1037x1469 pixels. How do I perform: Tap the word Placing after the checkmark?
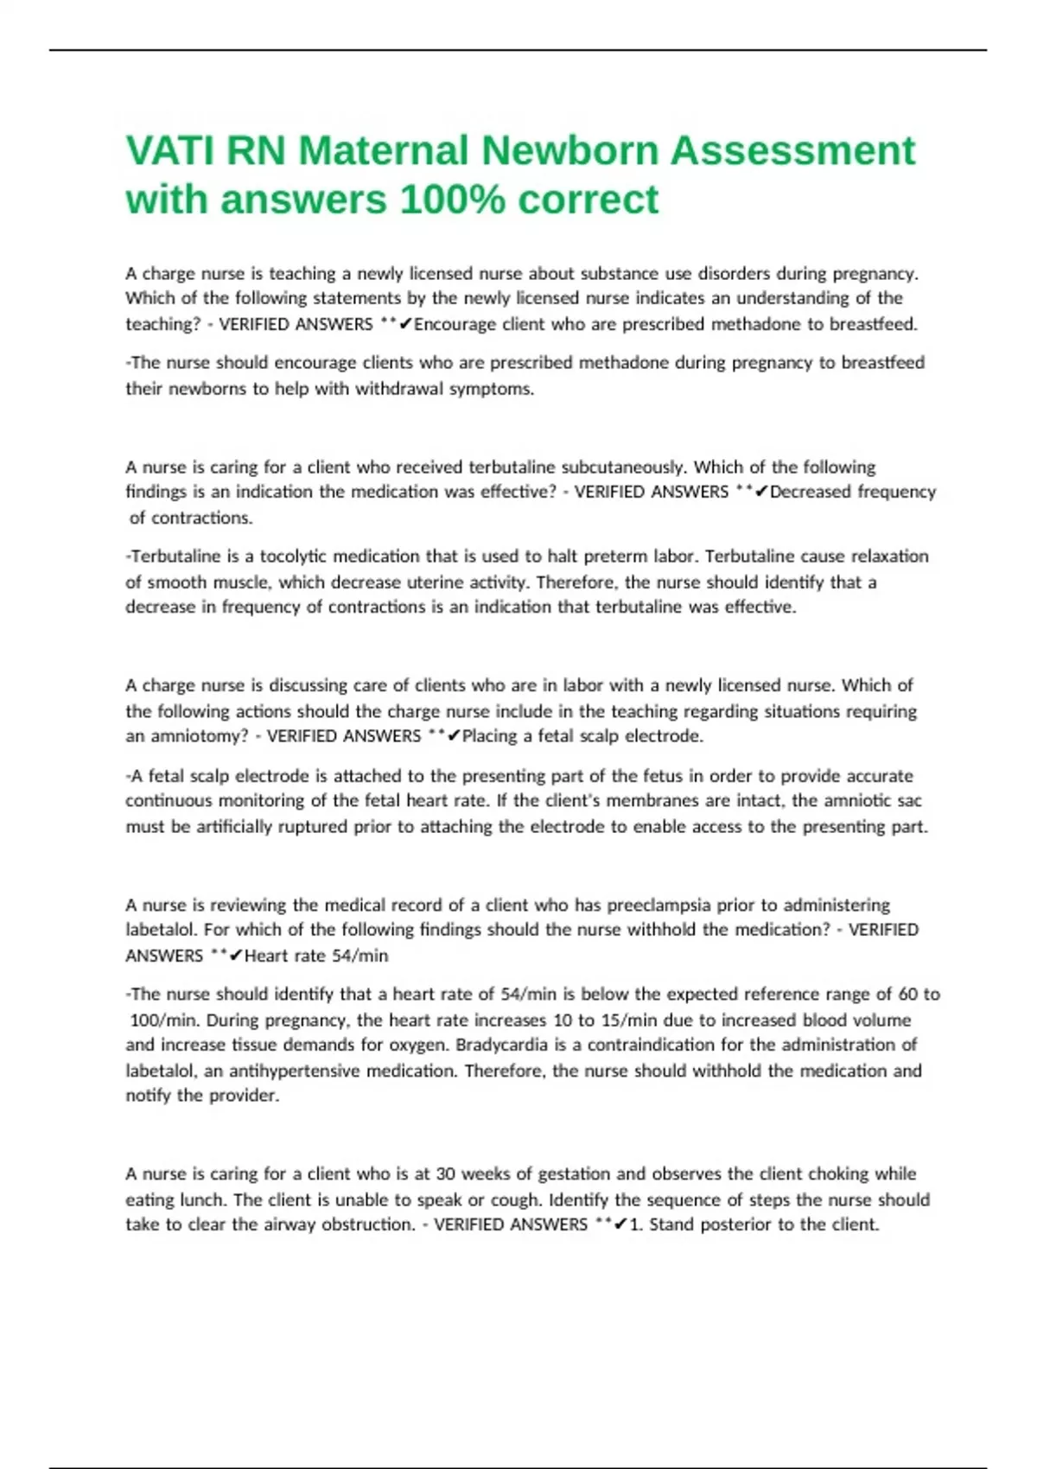click(x=491, y=736)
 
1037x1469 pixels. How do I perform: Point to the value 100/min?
click(x=164, y=1021)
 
